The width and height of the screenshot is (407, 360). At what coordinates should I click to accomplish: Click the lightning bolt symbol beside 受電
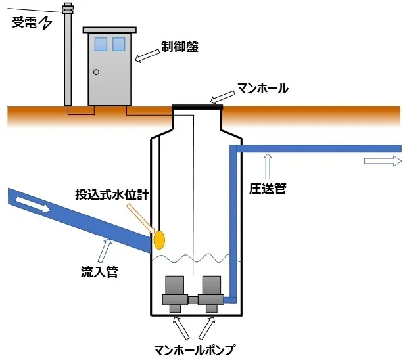pyautogui.click(x=45, y=22)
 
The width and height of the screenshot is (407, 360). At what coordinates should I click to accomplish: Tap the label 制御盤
pyautogui.click(x=180, y=47)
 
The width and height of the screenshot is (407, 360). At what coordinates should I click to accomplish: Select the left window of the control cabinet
pyautogui.click(x=101, y=44)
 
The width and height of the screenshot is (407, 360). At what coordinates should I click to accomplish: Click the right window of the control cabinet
pyautogui.click(x=119, y=44)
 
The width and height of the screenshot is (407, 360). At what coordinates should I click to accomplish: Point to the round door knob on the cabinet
pyautogui.click(x=96, y=72)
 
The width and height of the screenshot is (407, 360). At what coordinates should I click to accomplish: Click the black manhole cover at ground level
pyautogui.click(x=197, y=107)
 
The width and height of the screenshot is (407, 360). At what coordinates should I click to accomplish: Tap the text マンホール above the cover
pyautogui.click(x=263, y=88)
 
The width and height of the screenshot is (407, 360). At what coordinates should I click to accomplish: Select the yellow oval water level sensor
pyautogui.click(x=159, y=240)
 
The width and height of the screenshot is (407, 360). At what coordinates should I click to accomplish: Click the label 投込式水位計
pyautogui.click(x=112, y=194)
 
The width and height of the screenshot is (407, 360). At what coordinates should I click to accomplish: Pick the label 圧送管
pyautogui.click(x=268, y=189)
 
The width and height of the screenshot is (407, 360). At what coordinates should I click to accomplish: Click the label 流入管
pyautogui.click(x=99, y=272)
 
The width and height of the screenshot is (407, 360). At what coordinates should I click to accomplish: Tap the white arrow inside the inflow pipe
pyautogui.click(x=34, y=204)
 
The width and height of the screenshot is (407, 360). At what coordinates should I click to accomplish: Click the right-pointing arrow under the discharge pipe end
pyautogui.click(x=383, y=161)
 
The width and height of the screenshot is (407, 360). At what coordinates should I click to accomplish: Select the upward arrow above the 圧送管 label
pyautogui.click(x=268, y=166)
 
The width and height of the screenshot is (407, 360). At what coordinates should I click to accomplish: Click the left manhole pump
pyautogui.click(x=175, y=294)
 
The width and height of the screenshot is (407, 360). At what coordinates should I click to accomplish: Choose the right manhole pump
pyautogui.click(x=211, y=294)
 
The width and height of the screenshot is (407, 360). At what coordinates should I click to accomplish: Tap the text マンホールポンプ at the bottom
pyautogui.click(x=195, y=350)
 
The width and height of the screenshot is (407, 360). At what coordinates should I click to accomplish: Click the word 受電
pyautogui.click(x=24, y=22)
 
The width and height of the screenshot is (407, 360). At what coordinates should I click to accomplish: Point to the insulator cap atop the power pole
pyautogui.click(x=68, y=9)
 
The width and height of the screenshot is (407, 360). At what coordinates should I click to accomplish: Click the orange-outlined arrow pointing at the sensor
pyautogui.click(x=141, y=218)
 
